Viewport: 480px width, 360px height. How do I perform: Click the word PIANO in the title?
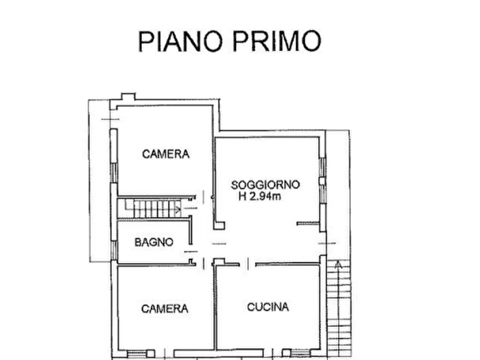click(180, 41)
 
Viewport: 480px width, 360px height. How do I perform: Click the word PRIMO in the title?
click(277, 41)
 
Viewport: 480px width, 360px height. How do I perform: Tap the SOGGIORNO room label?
click(265, 185)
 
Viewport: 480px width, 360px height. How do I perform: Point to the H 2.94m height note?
click(260, 196)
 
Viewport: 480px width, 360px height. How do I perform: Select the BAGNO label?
click(154, 242)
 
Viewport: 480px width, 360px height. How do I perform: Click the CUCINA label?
click(268, 307)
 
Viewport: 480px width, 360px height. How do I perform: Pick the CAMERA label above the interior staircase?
click(166, 154)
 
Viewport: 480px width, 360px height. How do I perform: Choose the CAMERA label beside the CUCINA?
click(164, 308)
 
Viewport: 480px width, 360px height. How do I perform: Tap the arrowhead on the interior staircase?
click(178, 210)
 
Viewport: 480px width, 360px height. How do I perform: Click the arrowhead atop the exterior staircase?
click(338, 264)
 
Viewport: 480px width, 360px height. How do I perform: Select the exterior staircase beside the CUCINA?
click(339, 307)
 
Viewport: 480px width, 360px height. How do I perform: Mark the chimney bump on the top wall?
click(128, 97)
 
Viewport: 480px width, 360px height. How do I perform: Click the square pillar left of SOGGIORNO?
click(219, 226)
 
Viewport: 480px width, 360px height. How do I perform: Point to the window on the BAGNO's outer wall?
click(114, 250)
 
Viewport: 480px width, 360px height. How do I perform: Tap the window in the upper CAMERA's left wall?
click(113, 173)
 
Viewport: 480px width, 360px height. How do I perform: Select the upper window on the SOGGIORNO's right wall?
click(322, 167)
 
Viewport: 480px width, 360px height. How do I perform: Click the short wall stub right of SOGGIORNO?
click(308, 224)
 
